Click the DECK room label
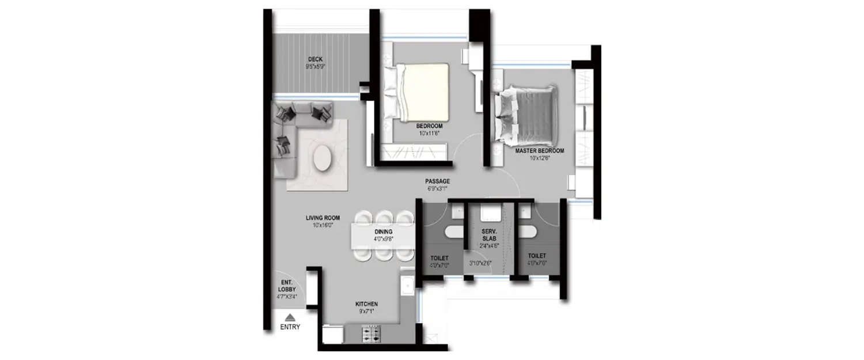pyautogui.click(x=314, y=59)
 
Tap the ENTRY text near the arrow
pyautogui.click(x=290, y=327)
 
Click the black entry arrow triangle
pyautogui.click(x=290, y=317)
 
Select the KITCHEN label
pyautogui.click(x=366, y=304)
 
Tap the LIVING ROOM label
pyautogui.click(x=323, y=218)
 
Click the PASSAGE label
pyautogui.click(x=437, y=181)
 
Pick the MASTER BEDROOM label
pyautogui.click(x=539, y=150)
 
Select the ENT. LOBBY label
pyautogui.click(x=286, y=286)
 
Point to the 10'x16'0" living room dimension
pyautogui.click(x=323, y=226)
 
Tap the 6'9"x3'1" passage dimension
pyautogui.click(x=437, y=189)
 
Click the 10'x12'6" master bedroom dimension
pyautogui.click(x=539, y=158)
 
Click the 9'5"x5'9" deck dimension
pyautogui.click(x=314, y=67)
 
